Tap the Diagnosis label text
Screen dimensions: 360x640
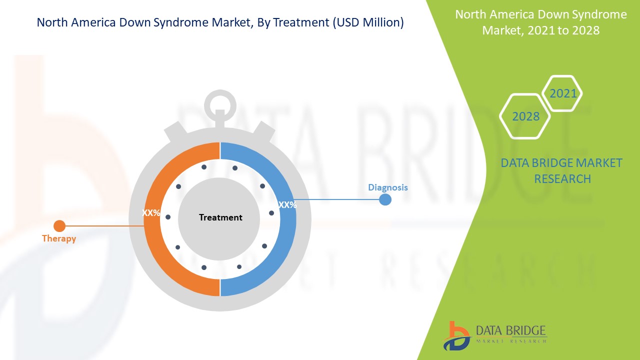[x=388, y=187]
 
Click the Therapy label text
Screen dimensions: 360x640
[x=59, y=238]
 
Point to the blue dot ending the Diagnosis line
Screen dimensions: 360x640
[x=385, y=199]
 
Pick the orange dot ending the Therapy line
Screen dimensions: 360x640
[x=59, y=226]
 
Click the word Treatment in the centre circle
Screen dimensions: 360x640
[x=220, y=217]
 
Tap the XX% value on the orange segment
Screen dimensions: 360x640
[x=151, y=213]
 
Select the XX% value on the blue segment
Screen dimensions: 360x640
[x=287, y=204]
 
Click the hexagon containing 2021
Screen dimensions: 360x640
[x=563, y=93]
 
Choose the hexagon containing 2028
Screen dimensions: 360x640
[x=525, y=116]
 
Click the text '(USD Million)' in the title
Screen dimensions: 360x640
[x=367, y=22]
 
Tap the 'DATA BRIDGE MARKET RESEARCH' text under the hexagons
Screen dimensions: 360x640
[x=561, y=170]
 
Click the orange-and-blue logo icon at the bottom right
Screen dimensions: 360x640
[x=456, y=335]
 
